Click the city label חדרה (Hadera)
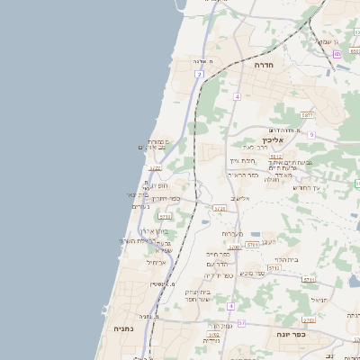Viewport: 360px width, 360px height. (264, 65)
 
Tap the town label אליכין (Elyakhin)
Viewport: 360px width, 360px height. (274, 140)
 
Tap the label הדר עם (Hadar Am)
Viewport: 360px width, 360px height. (218, 265)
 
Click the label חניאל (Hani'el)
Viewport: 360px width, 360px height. (319, 299)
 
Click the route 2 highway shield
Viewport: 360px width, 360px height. (198, 74)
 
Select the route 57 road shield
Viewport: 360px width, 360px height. (216, 321)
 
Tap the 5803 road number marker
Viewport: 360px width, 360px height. (309, 319)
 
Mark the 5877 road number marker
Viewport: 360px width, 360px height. (307, 115)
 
